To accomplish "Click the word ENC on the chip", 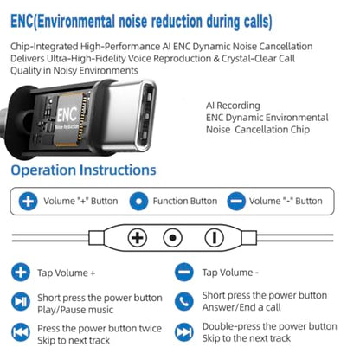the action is [x=67, y=114].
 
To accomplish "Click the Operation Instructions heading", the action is [x=83, y=170].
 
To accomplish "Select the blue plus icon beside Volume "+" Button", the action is [x=28, y=201].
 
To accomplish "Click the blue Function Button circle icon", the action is [x=138, y=201].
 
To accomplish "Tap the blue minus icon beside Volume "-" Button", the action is [x=236, y=201].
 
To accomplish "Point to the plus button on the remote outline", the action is [x=138, y=238].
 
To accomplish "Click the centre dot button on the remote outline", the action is [x=172, y=238].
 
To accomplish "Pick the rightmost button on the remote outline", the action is [x=214, y=238].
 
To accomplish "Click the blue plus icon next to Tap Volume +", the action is [x=21, y=272].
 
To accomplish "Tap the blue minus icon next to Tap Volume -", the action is [x=184, y=272].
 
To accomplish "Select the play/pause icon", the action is [x=21, y=301].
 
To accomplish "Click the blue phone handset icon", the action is [x=184, y=301].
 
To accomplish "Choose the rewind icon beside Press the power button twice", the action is [x=21, y=332].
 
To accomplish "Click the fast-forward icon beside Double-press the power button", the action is [x=184, y=332].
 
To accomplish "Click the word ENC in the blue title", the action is [x=22, y=22].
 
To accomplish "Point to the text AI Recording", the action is [x=233, y=106].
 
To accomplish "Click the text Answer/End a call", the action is [x=241, y=307].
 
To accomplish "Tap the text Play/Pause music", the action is [x=75, y=310].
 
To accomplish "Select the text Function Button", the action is [x=185, y=201].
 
